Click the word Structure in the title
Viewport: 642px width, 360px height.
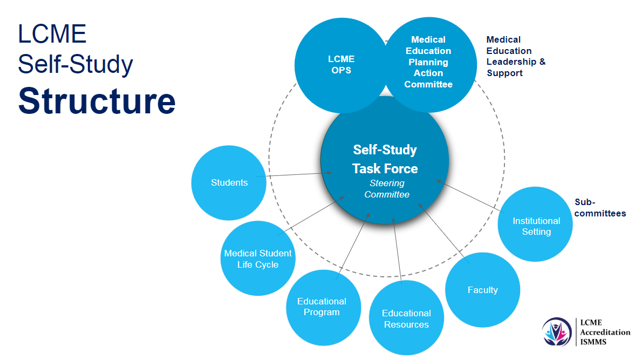coord(97,100)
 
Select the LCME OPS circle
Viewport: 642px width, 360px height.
coord(341,65)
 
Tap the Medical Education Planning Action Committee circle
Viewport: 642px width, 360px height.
coord(428,62)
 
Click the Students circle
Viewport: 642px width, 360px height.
coord(229,182)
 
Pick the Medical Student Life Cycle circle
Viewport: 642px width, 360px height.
coord(258,259)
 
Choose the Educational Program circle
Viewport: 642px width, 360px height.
coord(322,307)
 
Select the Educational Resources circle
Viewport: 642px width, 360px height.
coord(406,318)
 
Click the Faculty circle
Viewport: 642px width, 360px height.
coord(482,290)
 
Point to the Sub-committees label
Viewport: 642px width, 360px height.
coord(599,208)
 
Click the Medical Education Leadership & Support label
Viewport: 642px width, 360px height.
coord(515,56)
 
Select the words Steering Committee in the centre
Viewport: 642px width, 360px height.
coord(387,189)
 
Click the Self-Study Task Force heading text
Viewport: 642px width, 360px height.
coord(385,159)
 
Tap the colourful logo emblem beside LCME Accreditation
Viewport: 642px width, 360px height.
coord(558,330)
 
